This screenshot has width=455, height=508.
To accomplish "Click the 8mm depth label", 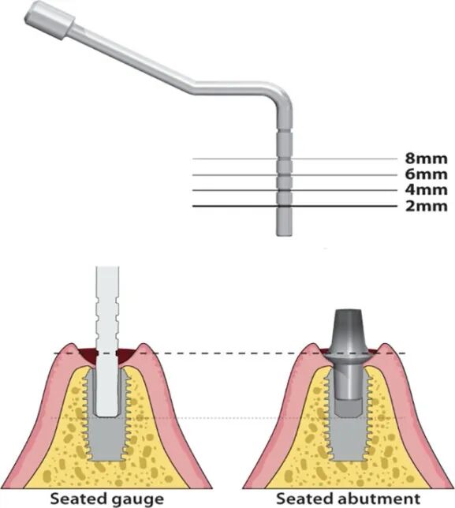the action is [x=426, y=159].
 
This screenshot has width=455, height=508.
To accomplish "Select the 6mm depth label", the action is [x=426, y=174].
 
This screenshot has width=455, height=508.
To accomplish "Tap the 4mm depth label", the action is [x=426, y=189].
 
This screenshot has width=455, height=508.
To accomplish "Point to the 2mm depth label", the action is [x=426, y=206].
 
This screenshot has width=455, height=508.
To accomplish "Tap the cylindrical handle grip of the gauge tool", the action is [x=49, y=21].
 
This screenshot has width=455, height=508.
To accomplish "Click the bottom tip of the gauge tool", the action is [x=284, y=234].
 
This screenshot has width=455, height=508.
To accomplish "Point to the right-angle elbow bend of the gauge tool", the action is [x=282, y=96].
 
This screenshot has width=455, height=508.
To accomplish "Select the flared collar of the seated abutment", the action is [x=348, y=357].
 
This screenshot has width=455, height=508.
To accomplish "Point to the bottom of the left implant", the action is [x=107, y=458].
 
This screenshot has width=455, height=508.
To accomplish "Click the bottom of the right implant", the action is [x=348, y=458].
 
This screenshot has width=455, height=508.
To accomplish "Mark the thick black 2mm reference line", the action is [x=294, y=206].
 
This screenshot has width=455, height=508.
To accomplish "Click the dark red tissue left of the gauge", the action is [x=88, y=357].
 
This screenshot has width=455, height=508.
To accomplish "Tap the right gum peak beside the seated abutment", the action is [x=386, y=347].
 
